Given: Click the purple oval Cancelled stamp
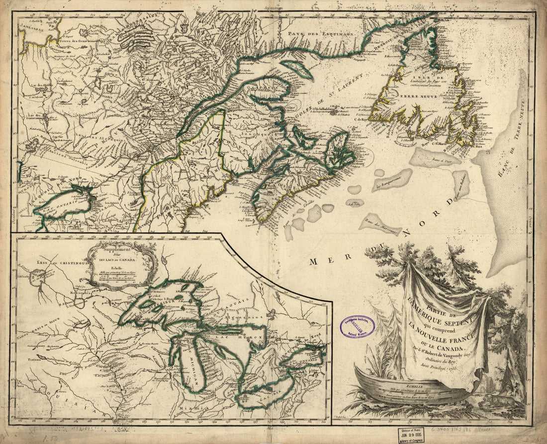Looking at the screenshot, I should pos(357,327).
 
